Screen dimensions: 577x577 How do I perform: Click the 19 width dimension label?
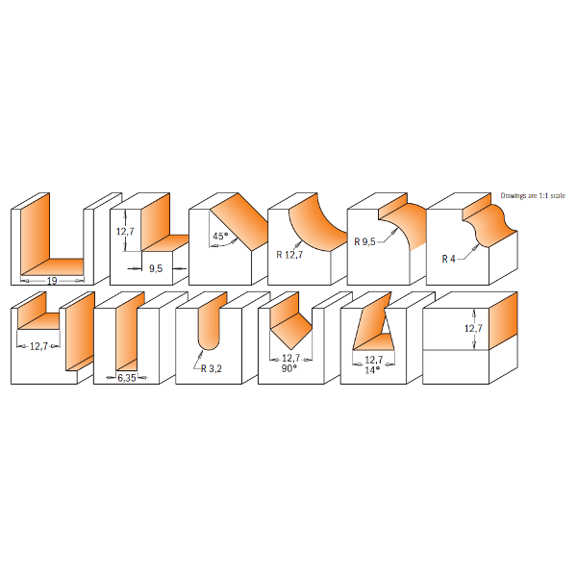[52, 281]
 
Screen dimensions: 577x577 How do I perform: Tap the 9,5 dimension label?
[156, 268]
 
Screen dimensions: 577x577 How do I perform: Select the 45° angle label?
[220, 236]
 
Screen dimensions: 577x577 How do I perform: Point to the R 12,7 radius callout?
[289, 254]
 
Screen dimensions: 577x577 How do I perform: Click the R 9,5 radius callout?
[364, 241]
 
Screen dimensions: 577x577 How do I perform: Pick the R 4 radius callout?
[448, 259]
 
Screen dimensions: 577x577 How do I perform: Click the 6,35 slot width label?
[127, 378]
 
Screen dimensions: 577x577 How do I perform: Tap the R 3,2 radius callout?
[212, 368]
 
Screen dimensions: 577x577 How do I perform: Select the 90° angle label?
[289, 368]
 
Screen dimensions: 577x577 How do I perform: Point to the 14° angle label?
[372, 370]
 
